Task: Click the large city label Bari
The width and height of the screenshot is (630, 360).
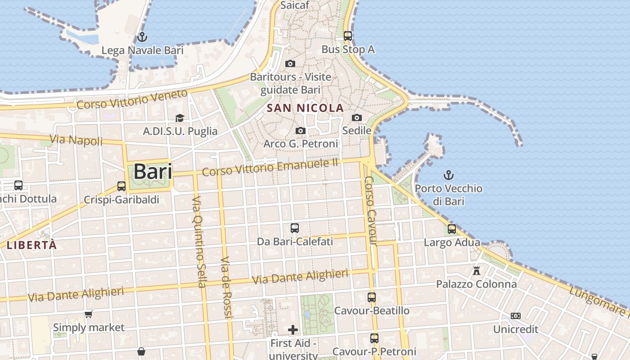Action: click(x=153, y=171)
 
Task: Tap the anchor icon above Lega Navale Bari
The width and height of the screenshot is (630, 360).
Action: click(x=142, y=36)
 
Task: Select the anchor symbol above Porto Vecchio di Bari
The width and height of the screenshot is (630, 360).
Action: click(x=448, y=175)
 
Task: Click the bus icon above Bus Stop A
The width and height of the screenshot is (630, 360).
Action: click(x=348, y=36)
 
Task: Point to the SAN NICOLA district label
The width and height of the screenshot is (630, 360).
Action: click(x=305, y=108)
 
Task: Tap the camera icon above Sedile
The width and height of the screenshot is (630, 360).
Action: click(x=357, y=117)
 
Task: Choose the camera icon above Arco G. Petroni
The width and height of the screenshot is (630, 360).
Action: click(x=301, y=131)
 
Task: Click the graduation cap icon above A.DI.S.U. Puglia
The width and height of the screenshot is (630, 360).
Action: click(x=180, y=118)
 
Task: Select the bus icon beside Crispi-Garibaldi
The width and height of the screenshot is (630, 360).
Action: click(x=121, y=186)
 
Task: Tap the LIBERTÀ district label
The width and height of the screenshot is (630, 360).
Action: click(x=31, y=245)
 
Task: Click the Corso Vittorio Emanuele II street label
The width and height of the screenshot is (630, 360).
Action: click(x=270, y=167)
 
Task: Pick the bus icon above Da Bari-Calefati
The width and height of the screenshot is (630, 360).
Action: click(x=295, y=228)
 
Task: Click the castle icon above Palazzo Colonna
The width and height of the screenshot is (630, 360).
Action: click(x=477, y=271)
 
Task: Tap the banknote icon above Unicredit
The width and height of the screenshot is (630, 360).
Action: click(x=516, y=316)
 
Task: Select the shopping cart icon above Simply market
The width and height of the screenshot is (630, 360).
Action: click(x=89, y=314)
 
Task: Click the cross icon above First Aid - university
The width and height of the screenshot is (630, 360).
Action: click(x=293, y=330)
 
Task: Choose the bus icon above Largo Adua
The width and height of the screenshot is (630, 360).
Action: click(x=452, y=229)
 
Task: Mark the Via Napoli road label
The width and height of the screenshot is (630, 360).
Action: click(x=76, y=140)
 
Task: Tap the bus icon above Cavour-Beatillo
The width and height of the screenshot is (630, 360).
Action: click(x=372, y=297)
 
